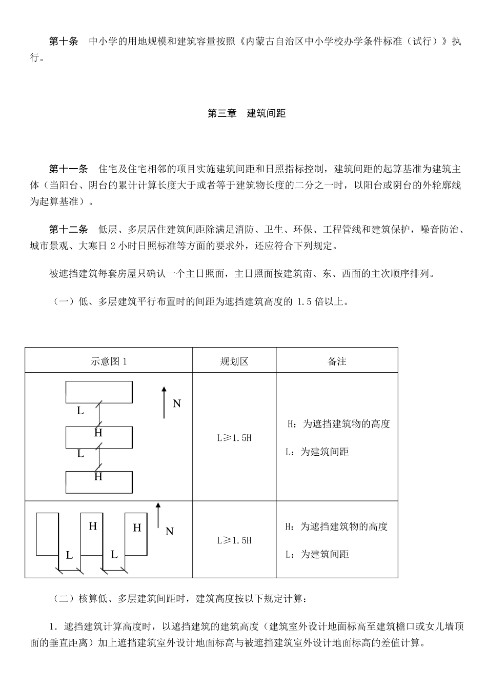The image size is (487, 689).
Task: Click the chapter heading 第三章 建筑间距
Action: (x=246, y=113)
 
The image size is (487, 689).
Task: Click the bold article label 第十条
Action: (x=64, y=42)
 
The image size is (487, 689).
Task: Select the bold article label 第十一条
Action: (x=68, y=169)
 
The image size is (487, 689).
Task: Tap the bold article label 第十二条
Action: (x=68, y=229)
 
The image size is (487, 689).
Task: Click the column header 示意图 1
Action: (x=109, y=361)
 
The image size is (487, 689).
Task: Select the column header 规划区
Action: (x=234, y=361)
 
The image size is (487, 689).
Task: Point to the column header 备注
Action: (x=337, y=361)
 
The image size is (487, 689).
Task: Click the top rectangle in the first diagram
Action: (x=99, y=392)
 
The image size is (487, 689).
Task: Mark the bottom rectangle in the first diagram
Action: (x=99, y=482)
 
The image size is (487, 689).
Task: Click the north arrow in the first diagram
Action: (x=164, y=402)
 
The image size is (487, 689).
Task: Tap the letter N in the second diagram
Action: (x=170, y=532)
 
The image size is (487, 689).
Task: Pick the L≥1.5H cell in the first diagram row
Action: (x=234, y=438)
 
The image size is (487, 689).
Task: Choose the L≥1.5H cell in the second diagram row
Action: (x=234, y=540)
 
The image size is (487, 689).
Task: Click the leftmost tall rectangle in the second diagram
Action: (x=47, y=534)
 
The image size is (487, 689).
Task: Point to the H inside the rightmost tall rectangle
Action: (x=137, y=528)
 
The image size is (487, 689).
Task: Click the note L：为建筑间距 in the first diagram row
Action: (x=317, y=452)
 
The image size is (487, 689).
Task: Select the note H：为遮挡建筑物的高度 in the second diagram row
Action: (x=336, y=526)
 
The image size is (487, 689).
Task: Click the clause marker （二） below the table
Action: (x=64, y=598)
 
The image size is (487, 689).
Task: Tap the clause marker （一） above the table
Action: (x=64, y=301)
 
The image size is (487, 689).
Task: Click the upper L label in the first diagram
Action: (x=80, y=411)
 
